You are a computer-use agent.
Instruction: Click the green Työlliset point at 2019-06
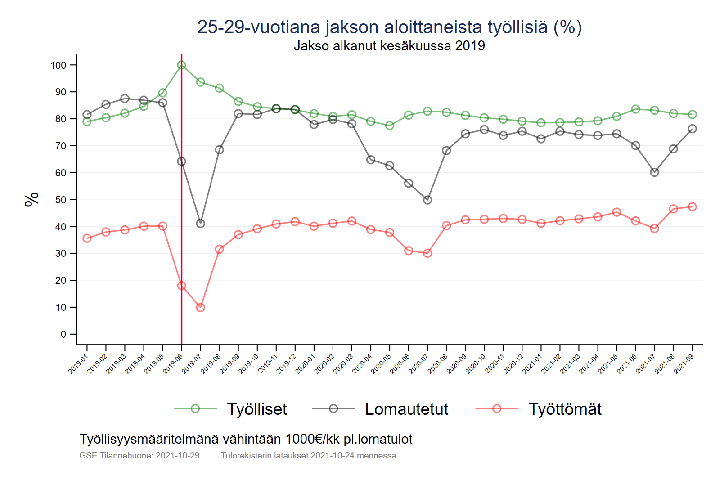[x=181, y=65]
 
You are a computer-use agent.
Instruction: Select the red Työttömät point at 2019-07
[x=201, y=307]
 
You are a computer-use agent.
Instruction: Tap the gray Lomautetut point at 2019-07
[x=201, y=224]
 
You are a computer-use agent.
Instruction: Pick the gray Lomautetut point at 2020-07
[x=427, y=200]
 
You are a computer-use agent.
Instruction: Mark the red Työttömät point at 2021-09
[x=693, y=207]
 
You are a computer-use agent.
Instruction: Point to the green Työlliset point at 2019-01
[x=87, y=121]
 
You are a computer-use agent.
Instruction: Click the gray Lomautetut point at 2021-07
[x=655, y=172]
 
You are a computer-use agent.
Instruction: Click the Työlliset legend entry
[x=256, y=409]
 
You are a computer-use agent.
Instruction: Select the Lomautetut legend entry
[x=406, y=409]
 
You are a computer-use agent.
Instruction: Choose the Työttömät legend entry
[x=565, y=409]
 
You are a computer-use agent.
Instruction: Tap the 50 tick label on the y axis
[x=61, y=200]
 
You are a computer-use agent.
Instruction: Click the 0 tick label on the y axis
[x=63, y=334]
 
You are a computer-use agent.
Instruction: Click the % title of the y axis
[x=32, y=199]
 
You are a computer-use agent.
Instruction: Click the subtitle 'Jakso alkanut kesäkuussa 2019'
[x=389, y=46]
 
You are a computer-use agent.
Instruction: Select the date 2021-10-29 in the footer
[x=177, y=455]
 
